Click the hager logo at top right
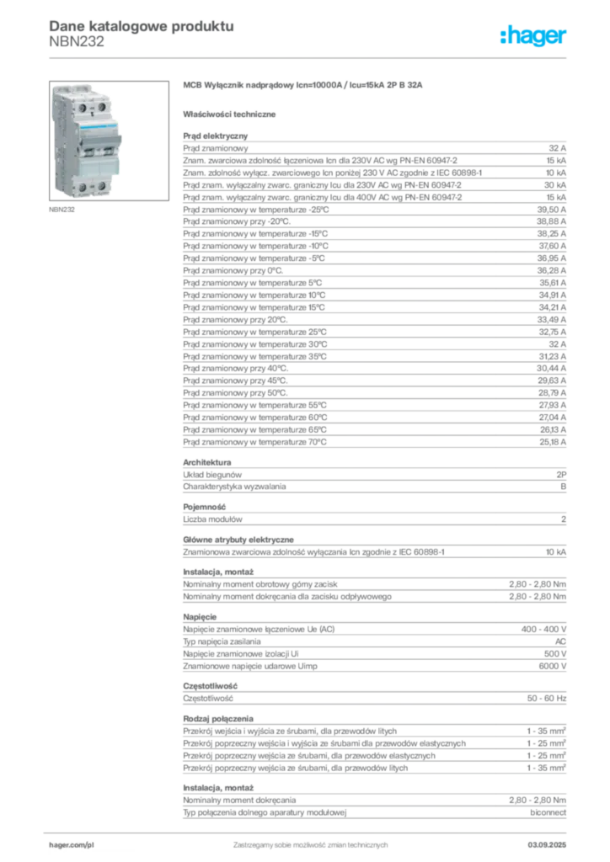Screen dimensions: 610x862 pyautogui.click(x=533, y=36)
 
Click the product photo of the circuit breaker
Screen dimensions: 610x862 pyautogui.click(x=109, y=141)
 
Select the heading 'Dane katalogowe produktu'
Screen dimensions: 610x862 pyautogui.click(x=142, y=26)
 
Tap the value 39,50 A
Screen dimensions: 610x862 pyautogui.click(x=552, y=210)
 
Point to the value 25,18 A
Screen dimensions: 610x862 pyautogui.click(x=553, y=442)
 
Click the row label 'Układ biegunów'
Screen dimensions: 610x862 pyautogui.click(x=212, y=475)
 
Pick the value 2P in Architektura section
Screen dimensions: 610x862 pyautogui.click(x=561, y=475)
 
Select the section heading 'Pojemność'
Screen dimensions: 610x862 pyautogui.click(x=205, y=507)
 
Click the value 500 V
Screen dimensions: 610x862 pyautogui.click(x=555, y=653)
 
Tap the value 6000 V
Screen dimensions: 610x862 pyautogui.click(x=553, y=666)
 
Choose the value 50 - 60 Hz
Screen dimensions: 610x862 pyautogui.click(x=547, y=698)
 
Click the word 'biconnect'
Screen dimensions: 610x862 pyautogui.click(x=548, y=812)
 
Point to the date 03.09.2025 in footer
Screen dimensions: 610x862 pyautogui.click(x=548, y=845)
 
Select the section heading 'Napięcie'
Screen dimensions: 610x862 pyautogui.click(x=200, y=617)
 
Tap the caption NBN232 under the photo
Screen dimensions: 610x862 pyautogui.click(x=62, y=210)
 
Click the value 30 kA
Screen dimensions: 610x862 pyautogui.click(x=555, y=185)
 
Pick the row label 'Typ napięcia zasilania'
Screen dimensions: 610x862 pyautogui.click(x=222, y=641)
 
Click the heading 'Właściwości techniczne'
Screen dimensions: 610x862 pyautogui.click(x=229, y=114)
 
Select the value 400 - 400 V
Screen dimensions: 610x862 pyautogui.click(x=544, y=629)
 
